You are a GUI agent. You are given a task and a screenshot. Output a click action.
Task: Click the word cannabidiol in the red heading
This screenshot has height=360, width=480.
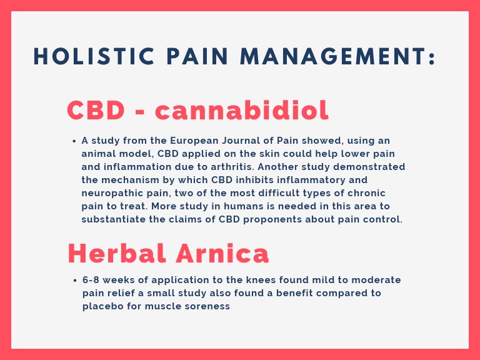click(242, 111)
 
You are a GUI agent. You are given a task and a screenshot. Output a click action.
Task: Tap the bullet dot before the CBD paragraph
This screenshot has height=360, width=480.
click(74, 141)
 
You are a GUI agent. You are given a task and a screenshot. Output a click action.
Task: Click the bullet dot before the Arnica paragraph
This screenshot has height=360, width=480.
click(74, 280)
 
